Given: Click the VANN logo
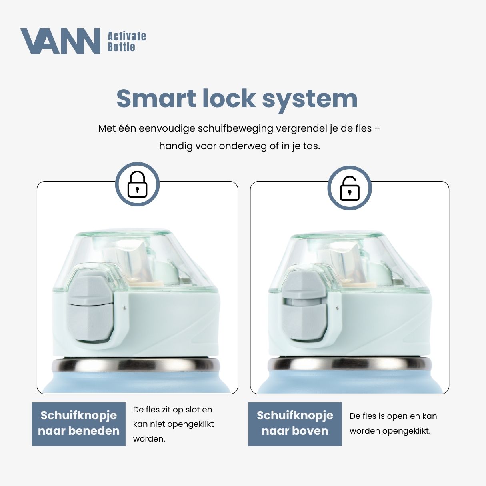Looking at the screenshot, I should click(60, 41).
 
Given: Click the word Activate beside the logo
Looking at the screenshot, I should click(127, 36).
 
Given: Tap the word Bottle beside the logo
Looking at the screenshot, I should click(121, 47).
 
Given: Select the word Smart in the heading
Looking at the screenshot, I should click(156, 98).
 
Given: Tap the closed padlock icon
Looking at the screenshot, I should click(137, 184).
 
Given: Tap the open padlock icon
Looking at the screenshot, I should click(349, 188).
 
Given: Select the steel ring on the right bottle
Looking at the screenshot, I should click(350, 364).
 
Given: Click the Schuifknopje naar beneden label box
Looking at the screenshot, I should click(79, 424).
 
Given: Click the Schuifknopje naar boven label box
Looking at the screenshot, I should click(295, 424).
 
